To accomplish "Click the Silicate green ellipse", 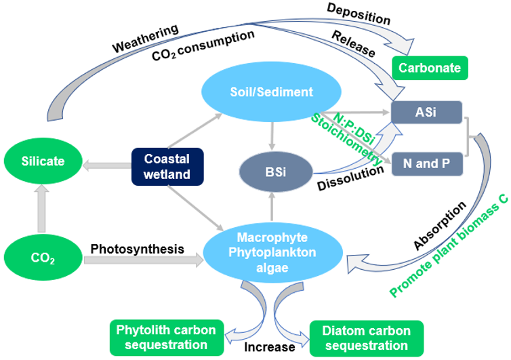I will [x=43, y=161].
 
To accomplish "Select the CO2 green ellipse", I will [x=43, y=258].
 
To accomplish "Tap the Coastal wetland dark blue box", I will [x=167, y=167].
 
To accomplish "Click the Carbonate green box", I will [x=430, y=68].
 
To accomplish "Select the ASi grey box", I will [x=426, y=112].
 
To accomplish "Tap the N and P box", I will [x=427, y=163].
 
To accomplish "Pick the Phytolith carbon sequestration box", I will [x=166, y=337].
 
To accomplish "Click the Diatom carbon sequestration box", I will [x=366, y=337].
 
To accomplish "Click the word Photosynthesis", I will [x=138, y=249].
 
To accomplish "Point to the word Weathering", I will [x=145, y=39].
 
